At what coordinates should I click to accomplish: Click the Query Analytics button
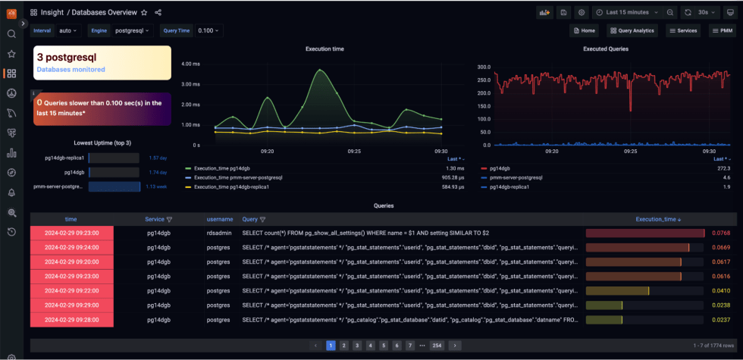point(632,30)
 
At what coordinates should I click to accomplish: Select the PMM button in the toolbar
point(724,30)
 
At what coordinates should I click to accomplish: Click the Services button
point(682,30)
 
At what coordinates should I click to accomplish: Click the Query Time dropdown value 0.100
point(208,30)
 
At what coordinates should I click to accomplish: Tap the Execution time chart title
point(324,49)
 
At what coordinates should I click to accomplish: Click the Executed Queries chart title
point(605,49)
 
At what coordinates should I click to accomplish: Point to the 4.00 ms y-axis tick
point(190,64)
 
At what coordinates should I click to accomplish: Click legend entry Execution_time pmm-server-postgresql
point(238,177)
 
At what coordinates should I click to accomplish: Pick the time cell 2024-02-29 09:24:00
point(71,247)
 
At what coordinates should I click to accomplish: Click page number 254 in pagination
point(436,345)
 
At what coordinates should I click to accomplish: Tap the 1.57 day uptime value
point(158,158)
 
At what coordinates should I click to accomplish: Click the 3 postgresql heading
point(67,57)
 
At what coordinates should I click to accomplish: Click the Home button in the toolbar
point(583,30)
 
